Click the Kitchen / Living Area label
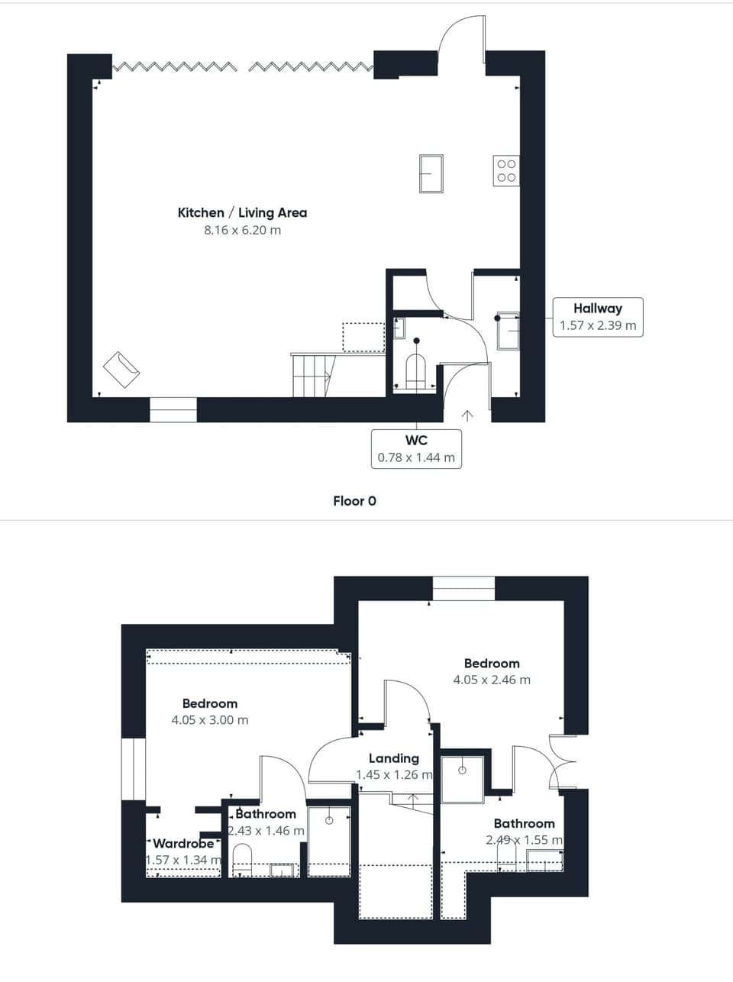pos(242,213)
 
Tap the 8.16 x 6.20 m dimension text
pos(242,230)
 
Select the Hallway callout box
pos(598,317)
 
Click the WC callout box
pos(416,449)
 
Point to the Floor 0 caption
pos(354,501)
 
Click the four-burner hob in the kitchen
pos(505,171)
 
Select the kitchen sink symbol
pos(431,173)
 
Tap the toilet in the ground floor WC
pos(415,372)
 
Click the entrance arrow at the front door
pos(467,415)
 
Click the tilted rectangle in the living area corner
pos(121,370)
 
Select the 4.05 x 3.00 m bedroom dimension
pos(210,720)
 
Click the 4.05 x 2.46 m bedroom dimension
pos(492,680)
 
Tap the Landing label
pos(394,758)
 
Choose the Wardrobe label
pos(183,844)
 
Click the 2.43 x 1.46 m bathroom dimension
pos(266,831)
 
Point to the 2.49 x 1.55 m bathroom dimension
pos(524,840)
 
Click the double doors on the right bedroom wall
pos(563,762)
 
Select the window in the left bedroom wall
pos(134,769)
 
